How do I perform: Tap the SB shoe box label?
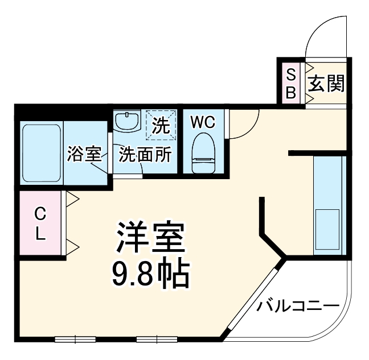[290, 83]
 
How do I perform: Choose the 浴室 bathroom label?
[84, 154]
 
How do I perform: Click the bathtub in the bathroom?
[41, 152]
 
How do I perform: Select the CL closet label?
[40, 224]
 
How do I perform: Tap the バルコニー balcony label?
[297, 306]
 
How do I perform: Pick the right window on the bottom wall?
[156, 340]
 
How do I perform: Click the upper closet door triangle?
[72, 198]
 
